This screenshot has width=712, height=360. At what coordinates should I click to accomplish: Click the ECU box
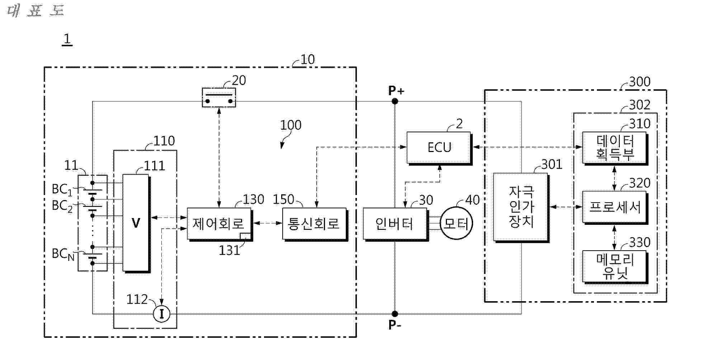438,147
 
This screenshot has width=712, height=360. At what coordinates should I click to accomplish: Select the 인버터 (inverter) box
395,224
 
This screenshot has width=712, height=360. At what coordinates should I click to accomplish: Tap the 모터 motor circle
456,224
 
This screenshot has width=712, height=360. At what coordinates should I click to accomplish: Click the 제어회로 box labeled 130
219,224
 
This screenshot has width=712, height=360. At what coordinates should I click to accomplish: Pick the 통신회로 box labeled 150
314,224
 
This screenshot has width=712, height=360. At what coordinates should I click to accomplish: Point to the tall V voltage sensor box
136,223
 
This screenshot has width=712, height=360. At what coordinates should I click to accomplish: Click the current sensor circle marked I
161,314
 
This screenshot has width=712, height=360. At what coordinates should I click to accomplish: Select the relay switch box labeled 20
219,98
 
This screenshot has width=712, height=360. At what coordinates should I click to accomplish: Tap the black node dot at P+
395,101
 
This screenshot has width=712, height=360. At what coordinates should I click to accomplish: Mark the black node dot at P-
395,314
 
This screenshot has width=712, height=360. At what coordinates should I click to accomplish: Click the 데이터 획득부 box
614,147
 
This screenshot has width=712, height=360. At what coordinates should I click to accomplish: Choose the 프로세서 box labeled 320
614,207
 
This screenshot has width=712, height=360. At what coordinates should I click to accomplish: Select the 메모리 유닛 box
614,266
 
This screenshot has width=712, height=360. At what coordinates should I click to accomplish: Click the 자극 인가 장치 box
521,207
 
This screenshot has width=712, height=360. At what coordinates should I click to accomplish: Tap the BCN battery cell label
63,254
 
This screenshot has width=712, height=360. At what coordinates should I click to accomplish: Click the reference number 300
640,82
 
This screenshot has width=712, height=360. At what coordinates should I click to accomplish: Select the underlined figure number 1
67,39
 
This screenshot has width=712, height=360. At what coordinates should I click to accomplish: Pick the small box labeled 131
245,236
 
